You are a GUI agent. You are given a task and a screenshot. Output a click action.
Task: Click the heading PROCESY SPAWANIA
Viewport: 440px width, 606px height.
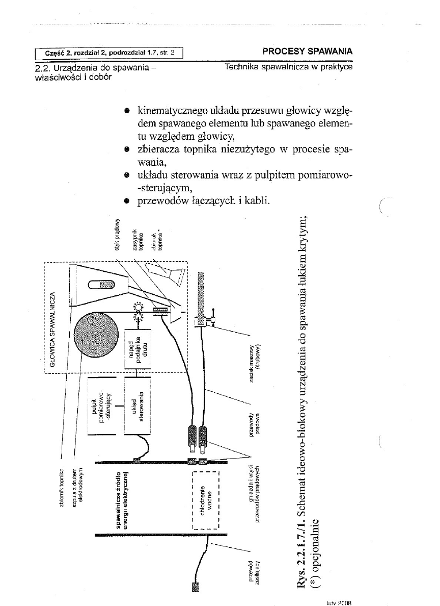(307, 52)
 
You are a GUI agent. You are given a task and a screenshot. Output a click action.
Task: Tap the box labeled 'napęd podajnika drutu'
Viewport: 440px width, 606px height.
(137, 349)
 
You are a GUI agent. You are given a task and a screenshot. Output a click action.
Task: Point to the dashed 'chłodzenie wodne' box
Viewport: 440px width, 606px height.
(205, 499)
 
